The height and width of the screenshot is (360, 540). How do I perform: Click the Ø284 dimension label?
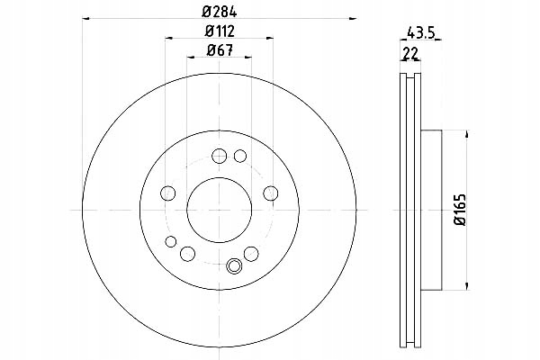219,12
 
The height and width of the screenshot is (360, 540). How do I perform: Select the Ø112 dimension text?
220,31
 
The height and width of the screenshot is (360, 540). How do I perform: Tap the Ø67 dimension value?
220,50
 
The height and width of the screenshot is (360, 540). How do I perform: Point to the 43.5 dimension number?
421,33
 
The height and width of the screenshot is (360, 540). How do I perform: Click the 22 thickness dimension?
410,54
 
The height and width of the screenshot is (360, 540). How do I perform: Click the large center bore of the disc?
219,210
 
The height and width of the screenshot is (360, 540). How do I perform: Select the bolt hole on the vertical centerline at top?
219,156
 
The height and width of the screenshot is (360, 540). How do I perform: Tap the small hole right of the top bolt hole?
240,156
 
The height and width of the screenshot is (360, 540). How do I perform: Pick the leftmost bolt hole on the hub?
167,193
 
